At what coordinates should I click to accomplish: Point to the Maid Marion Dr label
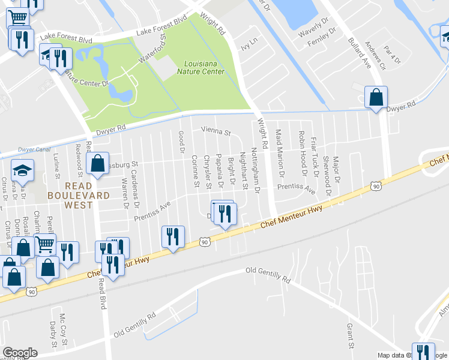click(279, 153)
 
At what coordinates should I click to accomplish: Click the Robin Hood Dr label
click(302, 155)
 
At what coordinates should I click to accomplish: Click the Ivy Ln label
click(249, 42)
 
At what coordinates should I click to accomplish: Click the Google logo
click(20, 353)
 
